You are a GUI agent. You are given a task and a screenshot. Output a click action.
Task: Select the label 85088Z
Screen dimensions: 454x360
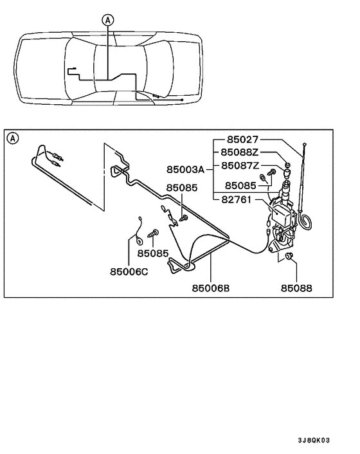tap(240, 152)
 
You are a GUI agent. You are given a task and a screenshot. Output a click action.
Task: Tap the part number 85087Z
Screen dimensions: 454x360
tap(240, 165)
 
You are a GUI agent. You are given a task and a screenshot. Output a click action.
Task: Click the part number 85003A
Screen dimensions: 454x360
tap(185, 170)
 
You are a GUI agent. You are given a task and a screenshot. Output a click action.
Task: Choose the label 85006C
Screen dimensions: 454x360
tap(129, 271)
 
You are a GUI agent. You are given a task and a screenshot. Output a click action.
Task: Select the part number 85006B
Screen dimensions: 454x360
tap(210, 289)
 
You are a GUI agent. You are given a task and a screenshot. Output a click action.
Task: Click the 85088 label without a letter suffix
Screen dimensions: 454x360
tap(296, 289)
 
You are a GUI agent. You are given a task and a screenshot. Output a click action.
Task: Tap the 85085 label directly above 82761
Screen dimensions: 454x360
tap(240, 185)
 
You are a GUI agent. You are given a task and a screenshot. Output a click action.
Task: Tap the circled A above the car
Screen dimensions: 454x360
tap(107, 20)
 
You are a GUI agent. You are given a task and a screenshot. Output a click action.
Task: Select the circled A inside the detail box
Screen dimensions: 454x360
tap(13, 137)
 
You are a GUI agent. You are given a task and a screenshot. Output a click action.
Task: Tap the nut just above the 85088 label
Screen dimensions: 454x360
tap(288, 258)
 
